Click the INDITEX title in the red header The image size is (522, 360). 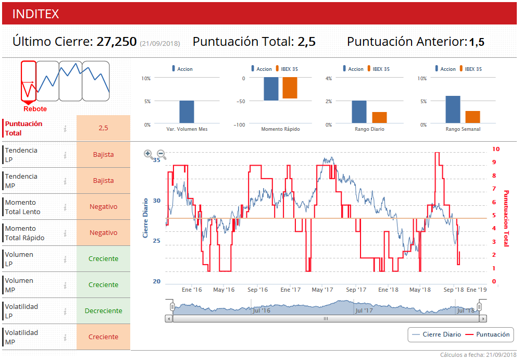(x=35, y=14)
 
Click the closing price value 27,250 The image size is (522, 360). (x=117, y=42)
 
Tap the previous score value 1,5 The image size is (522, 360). (x=476, y=42)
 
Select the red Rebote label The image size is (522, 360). (x=35, y=109)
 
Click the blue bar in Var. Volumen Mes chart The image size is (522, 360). (x=187, y=111)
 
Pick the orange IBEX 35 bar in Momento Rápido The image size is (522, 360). (x=290, y=88)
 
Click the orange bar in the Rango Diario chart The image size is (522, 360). (x=379, y=117)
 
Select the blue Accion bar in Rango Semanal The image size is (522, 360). (x=453, y=109)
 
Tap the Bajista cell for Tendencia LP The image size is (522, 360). (x=103, y=155)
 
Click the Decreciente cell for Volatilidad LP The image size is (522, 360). (x=103, y=311)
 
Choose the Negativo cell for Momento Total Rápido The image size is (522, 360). (x=103, y=233)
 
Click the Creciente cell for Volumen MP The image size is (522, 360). (x=103, y=285)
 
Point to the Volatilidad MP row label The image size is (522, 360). (x=21, y=337)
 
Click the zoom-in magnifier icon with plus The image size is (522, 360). (x=148, y=154)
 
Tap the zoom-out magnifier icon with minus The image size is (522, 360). (x=161, y=154)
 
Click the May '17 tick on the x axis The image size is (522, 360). (x=322, y=290)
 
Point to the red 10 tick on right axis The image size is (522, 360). (x=496, y=149)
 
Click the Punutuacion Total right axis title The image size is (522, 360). (x=506, y=218)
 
